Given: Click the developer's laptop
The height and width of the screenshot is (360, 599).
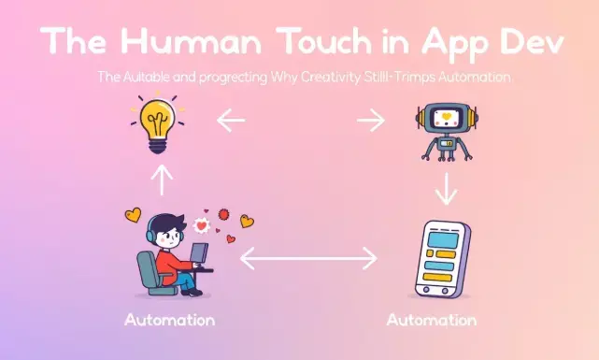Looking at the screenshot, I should [x=199, y=257].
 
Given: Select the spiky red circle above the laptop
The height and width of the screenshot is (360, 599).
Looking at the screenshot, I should [x=222, y=214].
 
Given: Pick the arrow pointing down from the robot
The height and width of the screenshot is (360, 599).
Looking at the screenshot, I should [x=447, y=190].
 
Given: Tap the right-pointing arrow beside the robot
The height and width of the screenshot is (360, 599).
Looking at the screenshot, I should [x=370, y=119].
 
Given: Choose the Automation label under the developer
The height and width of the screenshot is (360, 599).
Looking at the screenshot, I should [x=169, y=321].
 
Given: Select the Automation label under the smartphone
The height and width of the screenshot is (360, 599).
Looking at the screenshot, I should [x=431, y=321].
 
